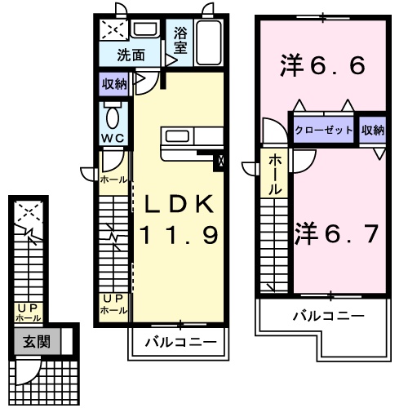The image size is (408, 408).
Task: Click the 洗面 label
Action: tap(130, 55)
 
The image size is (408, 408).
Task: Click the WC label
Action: tap(113, 137)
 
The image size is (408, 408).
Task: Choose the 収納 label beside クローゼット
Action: tap(372, 130)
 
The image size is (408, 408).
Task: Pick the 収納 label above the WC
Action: tap(114, 83)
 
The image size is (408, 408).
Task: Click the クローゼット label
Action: tap(324, 130)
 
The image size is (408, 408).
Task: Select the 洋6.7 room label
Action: tap(335, 234)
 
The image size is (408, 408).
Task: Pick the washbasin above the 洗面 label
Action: tap(146, 31)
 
